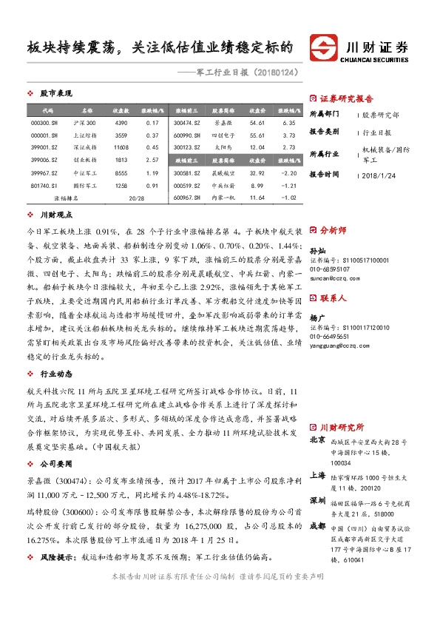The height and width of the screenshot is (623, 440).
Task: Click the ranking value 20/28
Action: coord(136,198)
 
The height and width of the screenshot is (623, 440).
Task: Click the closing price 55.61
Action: coord(257,135)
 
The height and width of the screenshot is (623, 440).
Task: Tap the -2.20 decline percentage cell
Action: coord(288,172)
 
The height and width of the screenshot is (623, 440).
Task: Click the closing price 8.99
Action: coord(257,185)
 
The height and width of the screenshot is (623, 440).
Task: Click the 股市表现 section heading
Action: coord(55,94)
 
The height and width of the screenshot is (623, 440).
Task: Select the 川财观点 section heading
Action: coord(55,215)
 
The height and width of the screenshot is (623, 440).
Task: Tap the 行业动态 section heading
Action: coord(55,374)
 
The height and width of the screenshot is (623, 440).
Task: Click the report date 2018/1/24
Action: coord(381,175)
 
